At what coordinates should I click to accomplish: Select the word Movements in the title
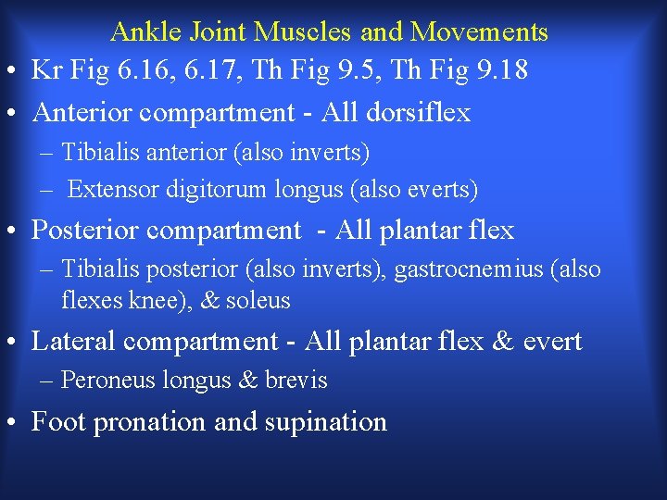click(x=479, y=32)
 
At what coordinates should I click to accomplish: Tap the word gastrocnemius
click(x=471, y=269)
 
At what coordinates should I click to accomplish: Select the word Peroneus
click(x=101, y=381)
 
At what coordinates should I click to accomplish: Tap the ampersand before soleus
click(x=209, y=301)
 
